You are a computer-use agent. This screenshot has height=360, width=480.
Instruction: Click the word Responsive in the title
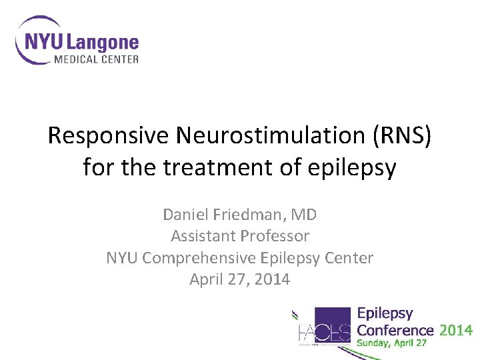tap(109, 136)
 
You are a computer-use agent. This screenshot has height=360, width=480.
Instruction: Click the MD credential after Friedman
tap(305, 215)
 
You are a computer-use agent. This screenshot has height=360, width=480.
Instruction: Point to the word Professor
tap(275, 236)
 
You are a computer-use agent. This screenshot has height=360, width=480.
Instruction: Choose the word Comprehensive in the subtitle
tap(217, 258)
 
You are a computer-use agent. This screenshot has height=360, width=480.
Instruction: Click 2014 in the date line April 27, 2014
tap(272, 279)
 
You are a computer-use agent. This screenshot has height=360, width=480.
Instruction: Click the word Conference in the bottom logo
tap(395, 330)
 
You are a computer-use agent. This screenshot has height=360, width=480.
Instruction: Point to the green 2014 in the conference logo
tap(456, 330)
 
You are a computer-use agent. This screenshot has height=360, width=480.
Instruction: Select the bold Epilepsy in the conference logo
tap(385, 313)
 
